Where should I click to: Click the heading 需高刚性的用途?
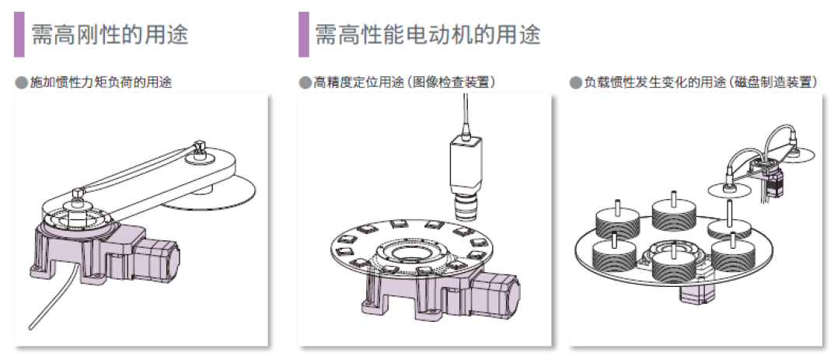[x=110, y=34]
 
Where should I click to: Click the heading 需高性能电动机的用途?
[x=428, y=34]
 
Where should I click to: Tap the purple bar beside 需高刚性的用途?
[x=19, y=34]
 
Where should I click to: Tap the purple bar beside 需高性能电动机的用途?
[x=304, y=34]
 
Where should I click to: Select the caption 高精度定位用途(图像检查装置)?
[x=405, y=82]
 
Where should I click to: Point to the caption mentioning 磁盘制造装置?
[x=701, y=82]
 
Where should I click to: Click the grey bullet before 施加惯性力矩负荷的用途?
[x=21, y=82]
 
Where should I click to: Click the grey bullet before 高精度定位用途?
[x=305, y=82]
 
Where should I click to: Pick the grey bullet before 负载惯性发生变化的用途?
[x=575, y=82]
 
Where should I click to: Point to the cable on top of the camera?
[x=466, y=114]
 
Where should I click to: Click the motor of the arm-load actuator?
[x=156, y=260]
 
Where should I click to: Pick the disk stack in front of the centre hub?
[x=673, y=264]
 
